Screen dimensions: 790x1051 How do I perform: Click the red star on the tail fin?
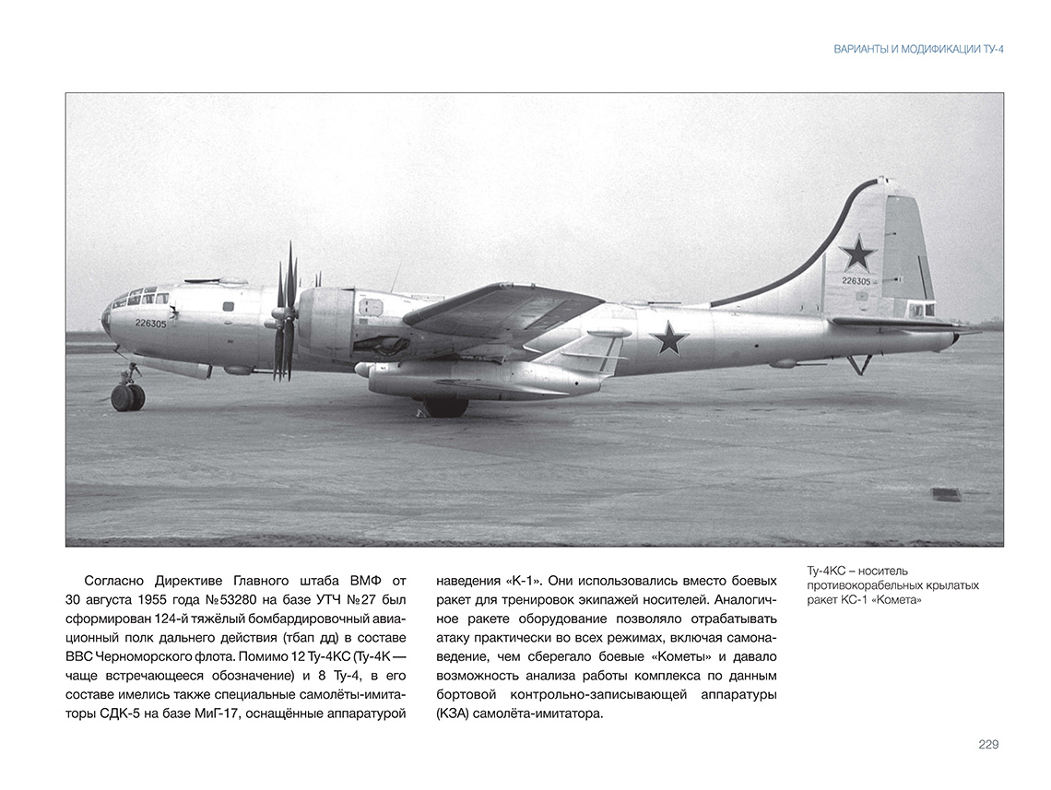858,253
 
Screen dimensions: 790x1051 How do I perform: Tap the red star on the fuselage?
669,338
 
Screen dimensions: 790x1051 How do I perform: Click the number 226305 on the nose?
150,324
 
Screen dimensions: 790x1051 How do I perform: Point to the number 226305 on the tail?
856,280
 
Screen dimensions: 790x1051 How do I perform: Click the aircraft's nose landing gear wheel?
127,396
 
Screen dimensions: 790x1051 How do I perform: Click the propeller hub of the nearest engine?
277,317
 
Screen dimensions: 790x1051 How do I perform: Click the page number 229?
988,745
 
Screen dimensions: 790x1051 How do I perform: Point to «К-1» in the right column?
522,580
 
